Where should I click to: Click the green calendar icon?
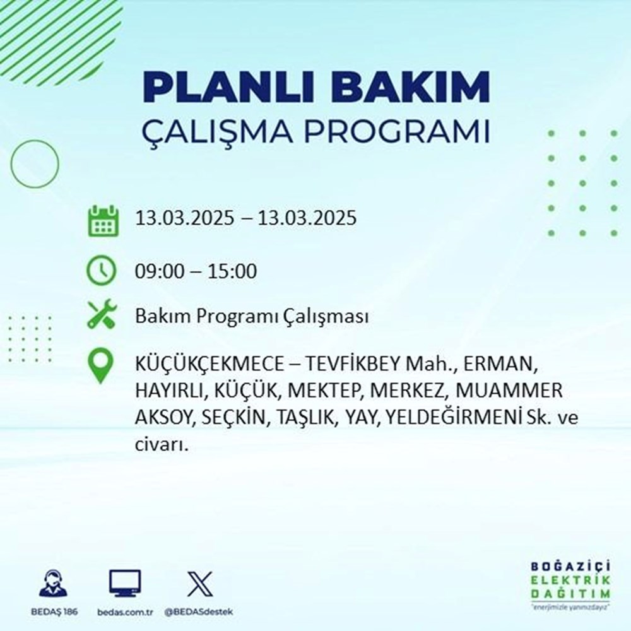(102, 220)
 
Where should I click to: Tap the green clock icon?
(102, 271)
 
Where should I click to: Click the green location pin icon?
(102, 367)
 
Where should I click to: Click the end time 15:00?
(233, 272)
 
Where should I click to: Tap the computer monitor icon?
(125, 583)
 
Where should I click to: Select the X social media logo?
(199, 583)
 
